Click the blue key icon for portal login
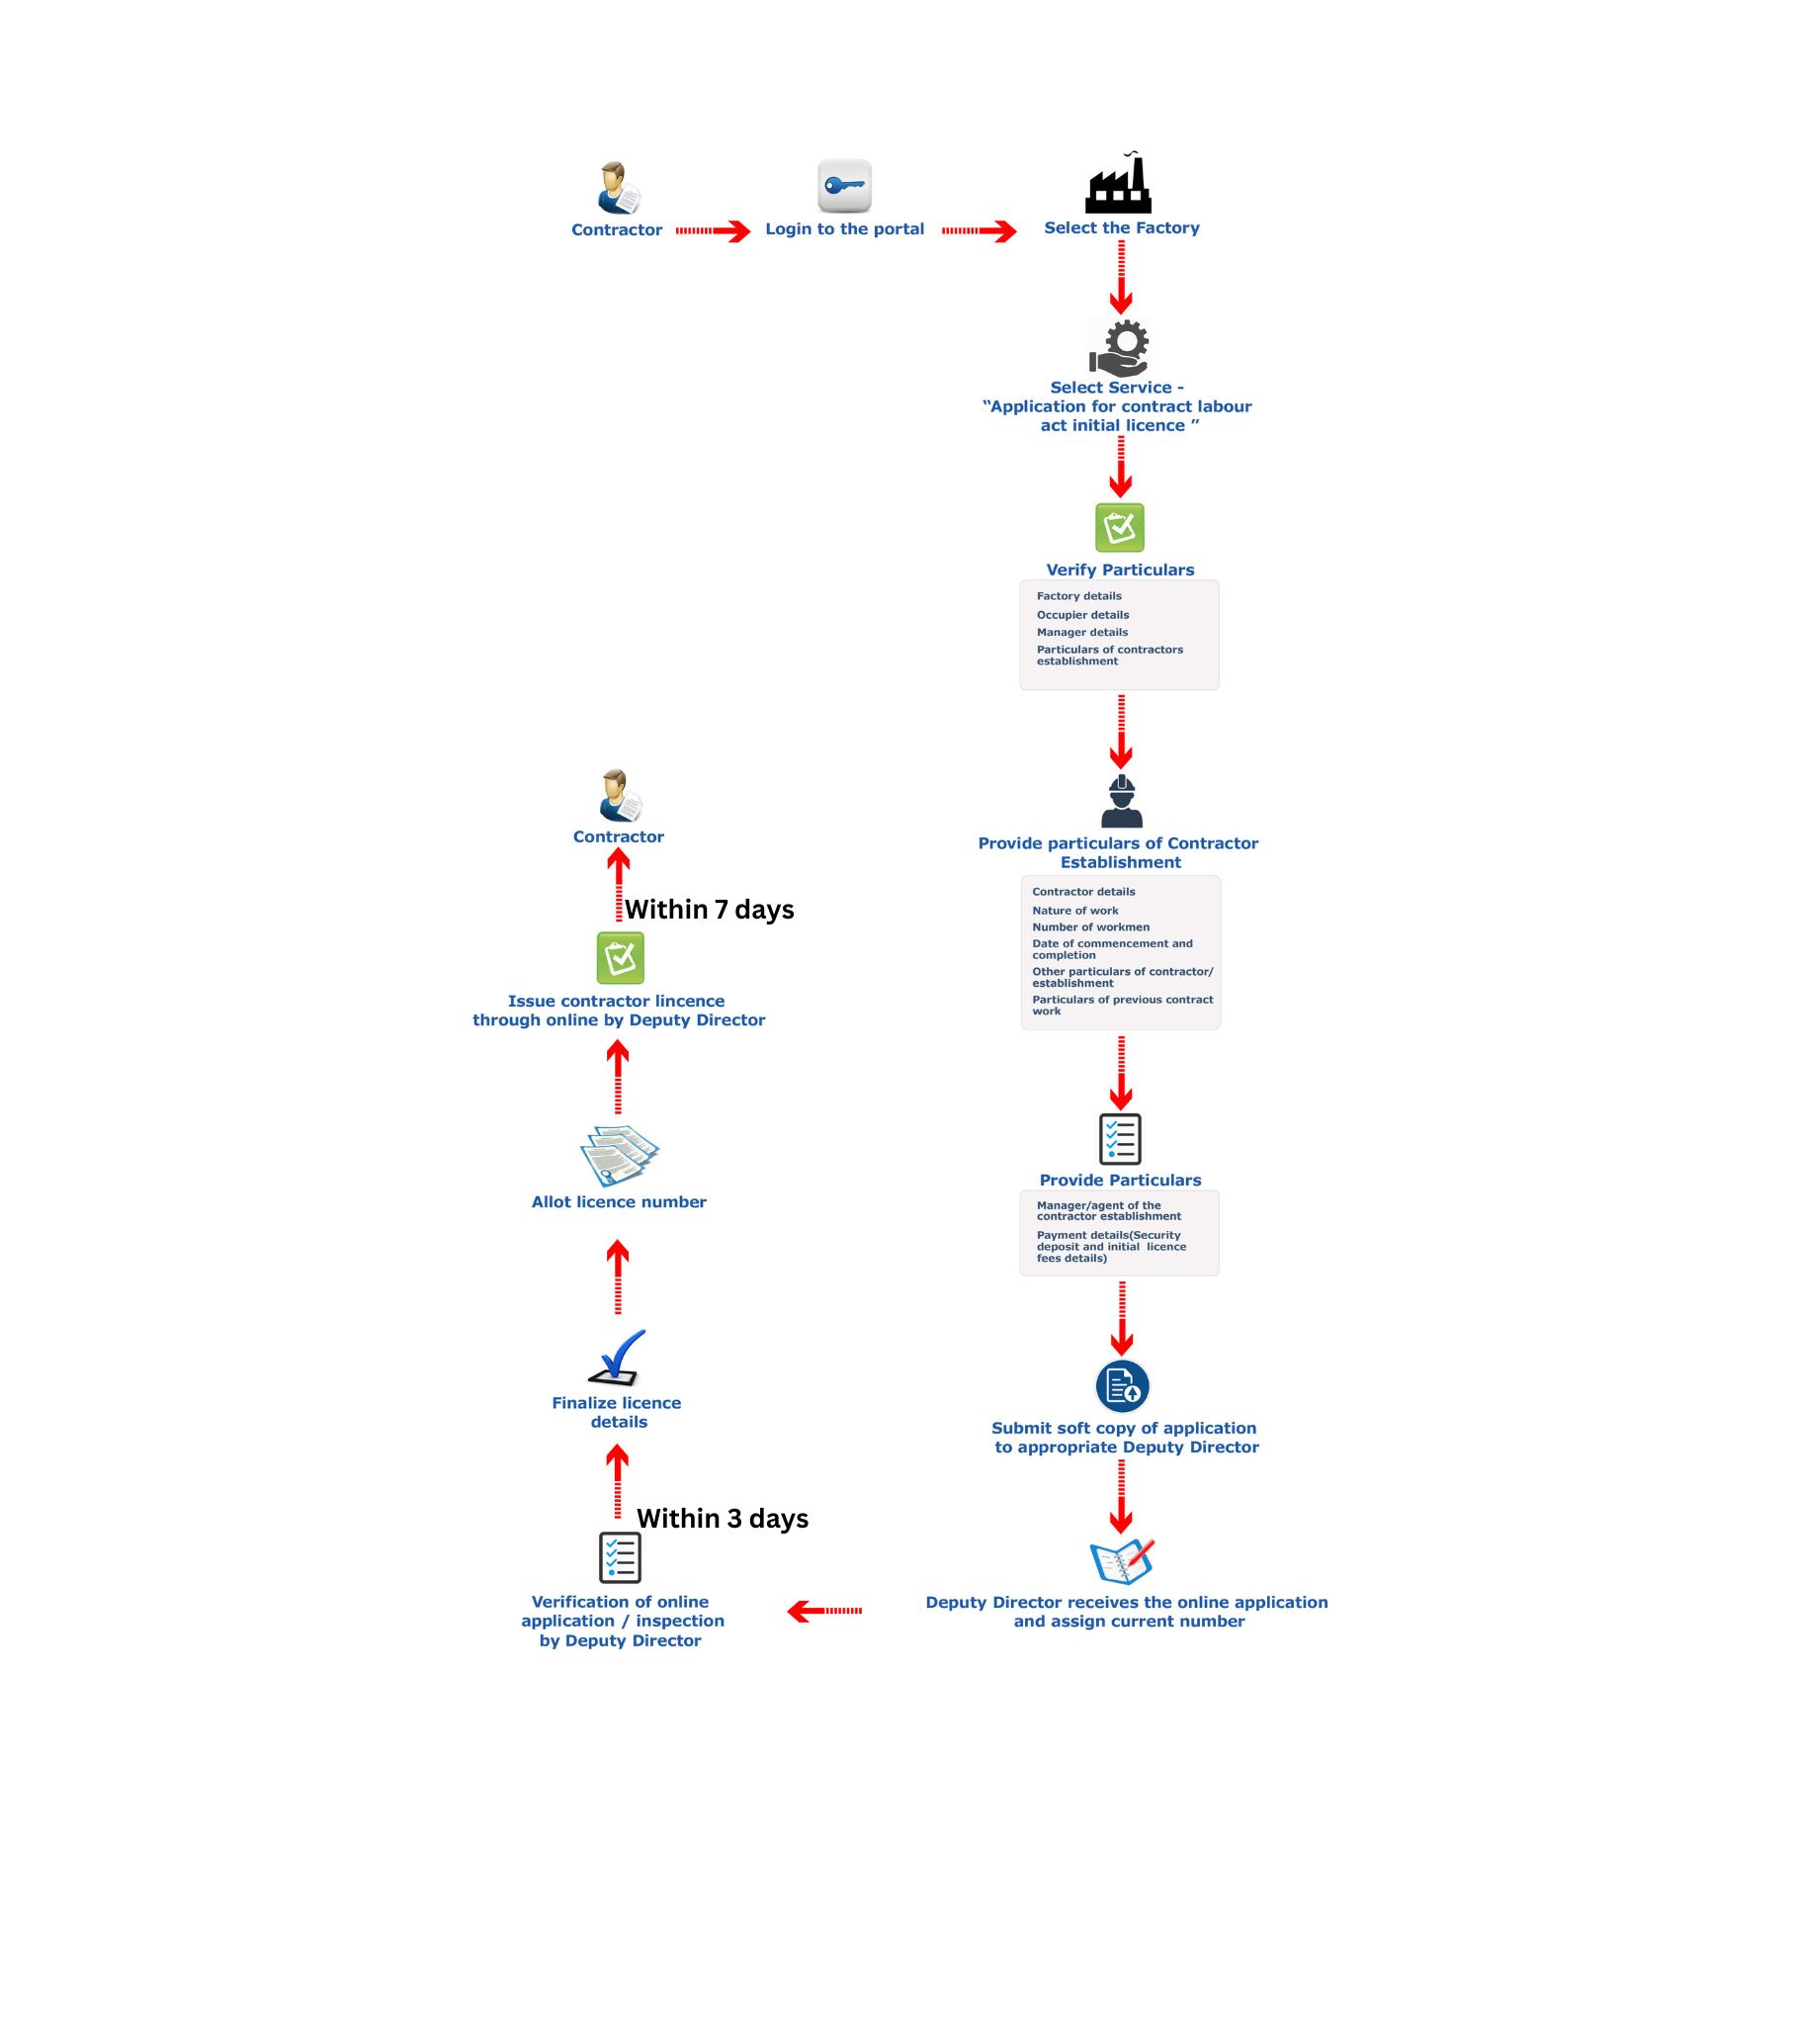(844, 185)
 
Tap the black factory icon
(1118, 183)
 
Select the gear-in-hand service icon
(1118, 347)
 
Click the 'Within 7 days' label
(710, 910)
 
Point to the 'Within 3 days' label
(723, 1519)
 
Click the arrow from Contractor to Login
(714, 230)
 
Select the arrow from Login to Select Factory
(979, 230)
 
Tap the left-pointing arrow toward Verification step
(824, 1611)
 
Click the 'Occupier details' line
(1082, 615)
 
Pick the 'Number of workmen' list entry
(1090, 927)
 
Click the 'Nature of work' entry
(1074, 911)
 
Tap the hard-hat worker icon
(1121, 801)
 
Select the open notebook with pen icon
(1123, 1562)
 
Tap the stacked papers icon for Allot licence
(619, 1155)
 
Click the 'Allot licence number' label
(619, 1201)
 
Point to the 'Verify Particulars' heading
(1120, 570)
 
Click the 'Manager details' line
(1081, 632)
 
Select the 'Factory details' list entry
(1078, 596)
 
